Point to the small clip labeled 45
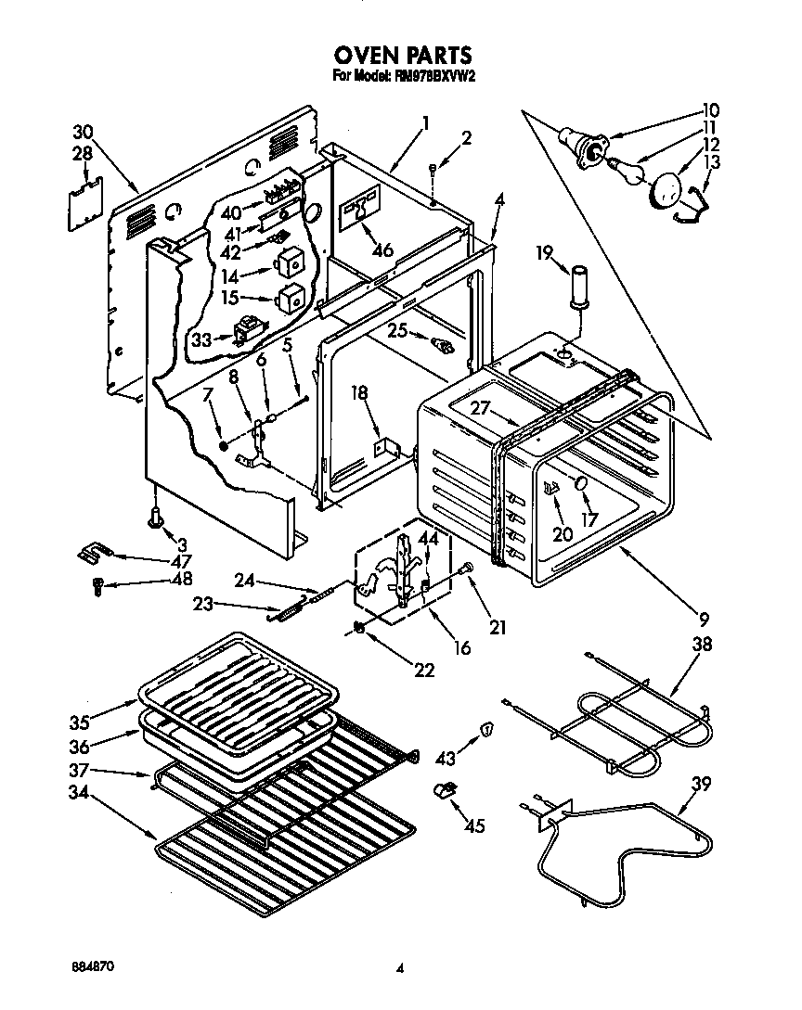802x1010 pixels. [446, 790]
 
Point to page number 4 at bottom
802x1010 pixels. [400, 968]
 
